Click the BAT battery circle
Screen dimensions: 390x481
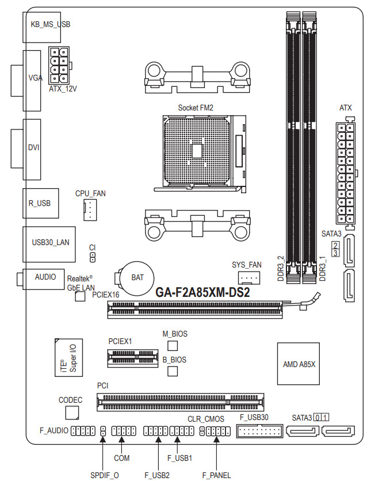pyautogui.click(x=137, y=278)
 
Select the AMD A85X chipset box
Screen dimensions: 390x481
pyautogui.click(x=299, y=364)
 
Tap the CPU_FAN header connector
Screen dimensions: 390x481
pyautogui.click(x=90, y=210)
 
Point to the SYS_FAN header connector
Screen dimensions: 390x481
pyautogui.click(x=249, y=278)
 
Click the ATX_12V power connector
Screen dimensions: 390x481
pyautogui.click(x=59, y=66)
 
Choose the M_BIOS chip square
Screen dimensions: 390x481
pyautogui.click(x=173, y=346)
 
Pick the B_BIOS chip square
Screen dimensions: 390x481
pyautogui.click(x=173, y=371)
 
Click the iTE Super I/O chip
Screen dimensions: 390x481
pyautogui.click(x=68, y=357)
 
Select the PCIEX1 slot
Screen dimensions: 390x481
pyautogui.click(x=133, y=358)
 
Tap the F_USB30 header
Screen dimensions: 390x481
pyautogui.click(x=259, y=431)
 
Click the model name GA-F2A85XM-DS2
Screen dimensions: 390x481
pyautogui.click(x=202, y=292)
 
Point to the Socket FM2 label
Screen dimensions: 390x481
pyautogui.click(x=196, y=108)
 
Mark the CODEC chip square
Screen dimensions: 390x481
pyautogui.click(x=72, y=413)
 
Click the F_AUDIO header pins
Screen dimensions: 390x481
pyautogui.click(x=83, y=431)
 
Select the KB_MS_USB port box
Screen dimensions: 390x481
pyautogui.click(x=41, y=27)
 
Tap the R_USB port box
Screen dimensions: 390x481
pyautogui.click(x=40, y=203)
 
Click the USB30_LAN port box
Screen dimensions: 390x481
pyautogui.click(x=49, y=245)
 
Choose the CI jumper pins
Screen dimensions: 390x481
pyautogui.click(x=92, y=257)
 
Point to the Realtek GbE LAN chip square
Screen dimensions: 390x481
pyautogui.click(x=80, y=296)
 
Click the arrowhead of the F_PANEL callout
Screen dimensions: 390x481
pyautogui.click(x=216, y=439)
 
